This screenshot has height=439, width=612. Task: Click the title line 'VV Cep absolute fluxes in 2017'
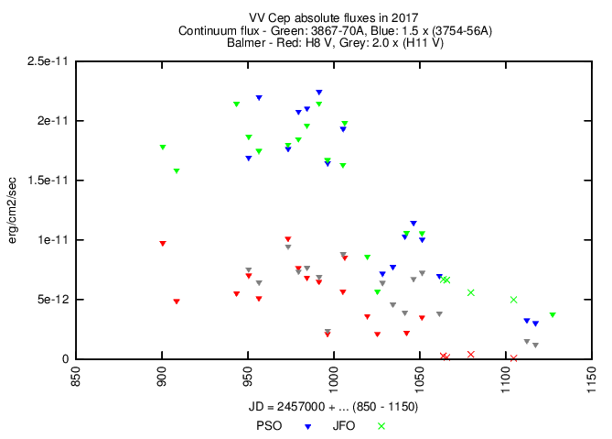[x=306, y=18]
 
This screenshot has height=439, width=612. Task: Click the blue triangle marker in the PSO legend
[x=308, y=426]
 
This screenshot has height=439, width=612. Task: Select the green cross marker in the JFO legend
[x=381, y=426]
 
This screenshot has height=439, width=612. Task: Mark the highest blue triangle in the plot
[x=318, y=93]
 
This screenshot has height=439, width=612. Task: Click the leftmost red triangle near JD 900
[x=163, y=244]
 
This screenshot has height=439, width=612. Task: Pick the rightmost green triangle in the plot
[x=553, y=315]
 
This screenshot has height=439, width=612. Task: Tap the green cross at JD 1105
[x=514, y=300]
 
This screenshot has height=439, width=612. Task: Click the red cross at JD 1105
[x=514, y=358]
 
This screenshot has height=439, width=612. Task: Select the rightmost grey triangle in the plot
[x=535, y=346]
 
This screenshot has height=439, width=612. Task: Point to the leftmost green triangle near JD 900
[x=163, y=148]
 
